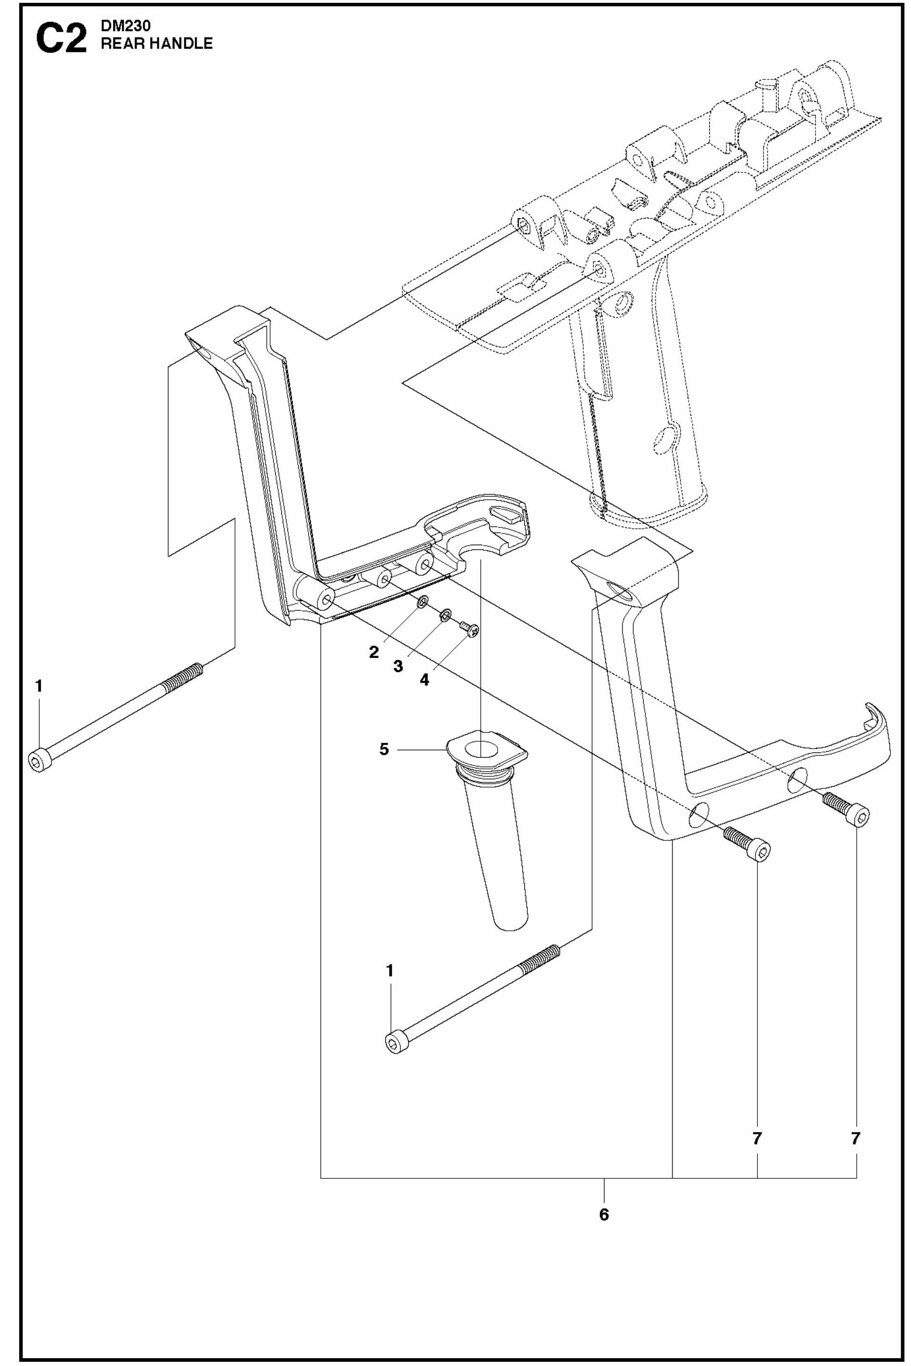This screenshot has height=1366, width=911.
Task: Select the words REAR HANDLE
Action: click(157, 44)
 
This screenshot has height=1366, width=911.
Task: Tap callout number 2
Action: click(374, 652)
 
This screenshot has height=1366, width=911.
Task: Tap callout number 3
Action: click(398, 666)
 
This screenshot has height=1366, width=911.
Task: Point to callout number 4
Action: click(425, 679)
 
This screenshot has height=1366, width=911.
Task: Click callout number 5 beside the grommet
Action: click(384, 749)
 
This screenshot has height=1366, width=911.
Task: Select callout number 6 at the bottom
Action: click(604, 1214)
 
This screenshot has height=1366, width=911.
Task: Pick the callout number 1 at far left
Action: click(39, 687)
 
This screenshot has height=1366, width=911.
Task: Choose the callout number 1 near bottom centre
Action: click(390, 971)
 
